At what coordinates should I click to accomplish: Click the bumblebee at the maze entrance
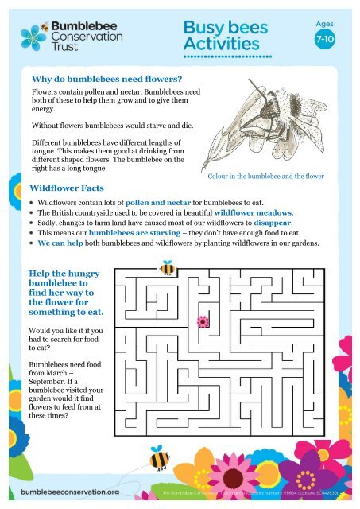[167, 269]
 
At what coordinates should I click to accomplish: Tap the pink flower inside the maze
[203, 321]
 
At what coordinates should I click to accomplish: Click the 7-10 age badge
[325, 38]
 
